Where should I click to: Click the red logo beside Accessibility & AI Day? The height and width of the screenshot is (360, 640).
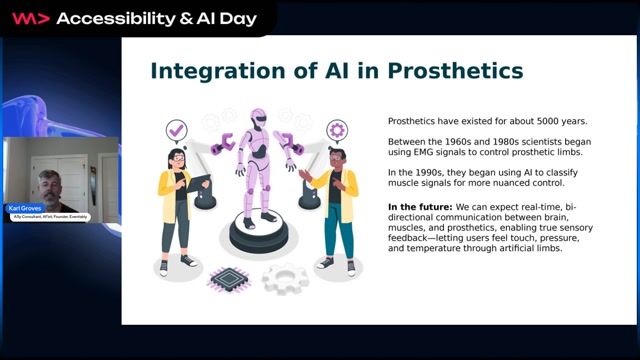point(29,18)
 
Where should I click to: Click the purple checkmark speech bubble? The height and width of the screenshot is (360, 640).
point(177,130)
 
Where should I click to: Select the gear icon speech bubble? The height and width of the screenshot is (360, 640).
point(336,130)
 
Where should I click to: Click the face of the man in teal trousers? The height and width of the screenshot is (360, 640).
point(336,160)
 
